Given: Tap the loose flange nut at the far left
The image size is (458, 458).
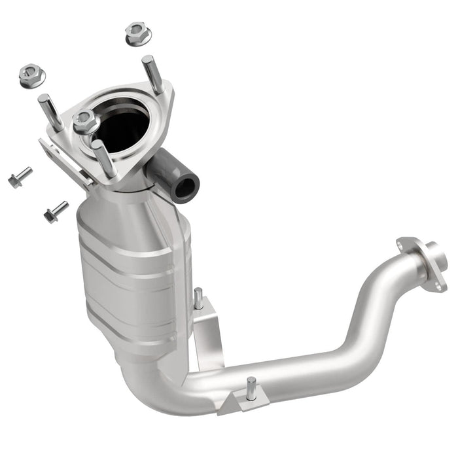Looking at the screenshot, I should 31,75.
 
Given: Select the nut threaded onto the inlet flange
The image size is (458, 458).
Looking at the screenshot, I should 85,121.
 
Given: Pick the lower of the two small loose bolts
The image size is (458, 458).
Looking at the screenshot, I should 56,211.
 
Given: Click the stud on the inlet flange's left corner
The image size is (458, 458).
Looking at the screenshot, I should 50,112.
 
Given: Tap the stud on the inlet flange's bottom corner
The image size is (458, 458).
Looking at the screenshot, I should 104,158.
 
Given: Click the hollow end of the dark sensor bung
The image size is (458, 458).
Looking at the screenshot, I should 185,187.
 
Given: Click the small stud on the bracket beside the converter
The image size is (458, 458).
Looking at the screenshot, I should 198,298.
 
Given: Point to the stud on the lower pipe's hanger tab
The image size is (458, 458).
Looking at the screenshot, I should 251,388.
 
